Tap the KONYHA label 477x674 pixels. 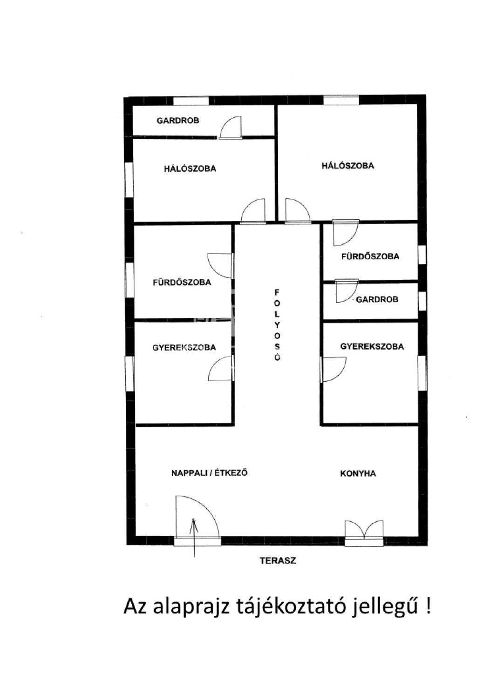pos(358,474)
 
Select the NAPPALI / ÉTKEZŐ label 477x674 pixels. pos(209,473)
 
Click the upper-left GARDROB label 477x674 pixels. pos(178,121)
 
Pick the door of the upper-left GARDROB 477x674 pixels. pos(231,128)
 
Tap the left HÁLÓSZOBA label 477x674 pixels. pos(190,168)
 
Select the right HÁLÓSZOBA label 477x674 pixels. pos(348,166)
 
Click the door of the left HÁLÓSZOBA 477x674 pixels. pos(253,211)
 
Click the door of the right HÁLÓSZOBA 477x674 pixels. pos(298,211)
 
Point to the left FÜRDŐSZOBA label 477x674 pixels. pos(182,283)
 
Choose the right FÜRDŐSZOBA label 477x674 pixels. pos(370,256)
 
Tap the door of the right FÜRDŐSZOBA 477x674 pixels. pos(346,233)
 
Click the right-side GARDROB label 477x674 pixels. pos(377,300)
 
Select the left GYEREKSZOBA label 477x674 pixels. pos(184,348)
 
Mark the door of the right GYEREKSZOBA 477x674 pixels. pos(334,369)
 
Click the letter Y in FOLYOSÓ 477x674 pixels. pos(277,325)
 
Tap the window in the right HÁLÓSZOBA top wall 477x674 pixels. pos(341,100)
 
